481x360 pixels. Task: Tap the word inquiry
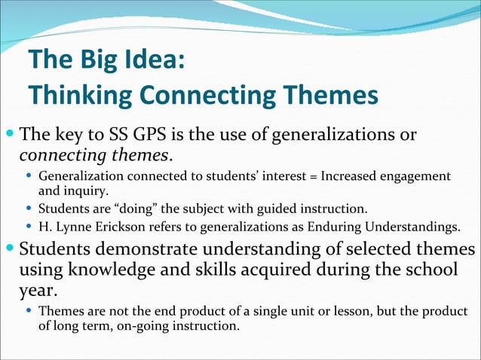[87, 190]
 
